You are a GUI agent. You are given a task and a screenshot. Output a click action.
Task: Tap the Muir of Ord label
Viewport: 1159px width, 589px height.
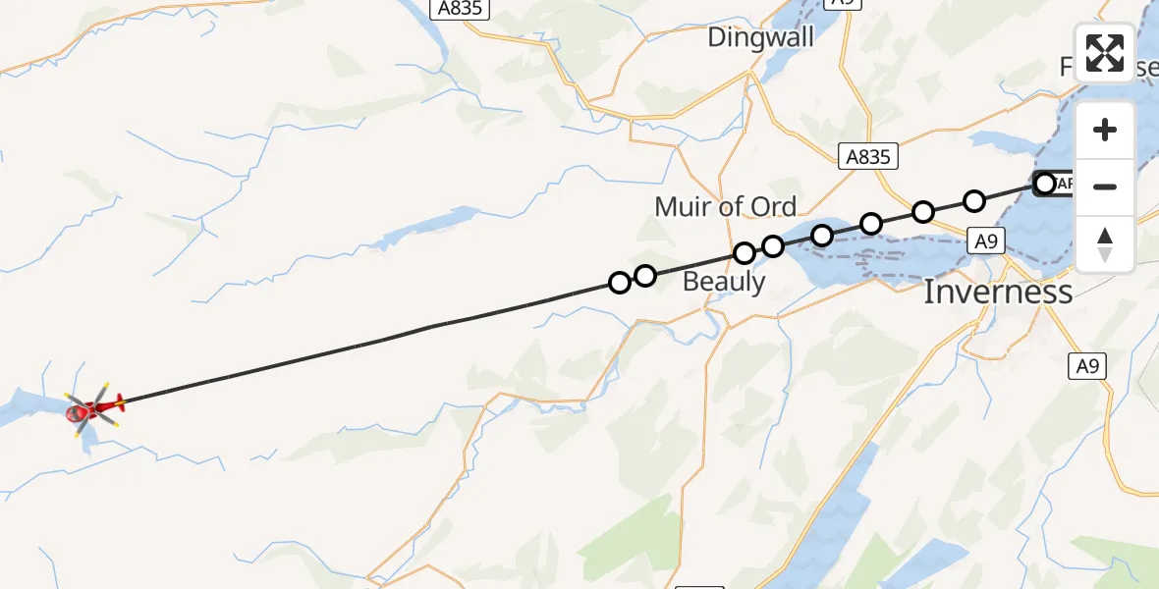(725, 206)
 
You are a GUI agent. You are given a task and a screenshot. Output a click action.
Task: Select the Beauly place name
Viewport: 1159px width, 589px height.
(724, 282)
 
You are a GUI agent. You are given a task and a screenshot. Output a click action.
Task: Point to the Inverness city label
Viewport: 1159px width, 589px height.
(997, 292)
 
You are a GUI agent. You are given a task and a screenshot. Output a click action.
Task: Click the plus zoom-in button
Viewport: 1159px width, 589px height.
(1105, 130)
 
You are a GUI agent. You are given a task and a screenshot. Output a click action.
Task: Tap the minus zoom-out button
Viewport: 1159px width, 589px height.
(1105, 187)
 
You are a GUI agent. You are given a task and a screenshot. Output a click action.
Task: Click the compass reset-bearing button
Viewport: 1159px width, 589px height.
(1105, 243)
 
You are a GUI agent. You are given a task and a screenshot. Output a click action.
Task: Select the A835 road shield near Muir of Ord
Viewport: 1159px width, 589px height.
(869, 156)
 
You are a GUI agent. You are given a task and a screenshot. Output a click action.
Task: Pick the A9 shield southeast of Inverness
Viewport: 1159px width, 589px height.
(1085, 366)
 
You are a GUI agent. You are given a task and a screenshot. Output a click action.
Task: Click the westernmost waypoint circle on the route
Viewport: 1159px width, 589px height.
(620, 283)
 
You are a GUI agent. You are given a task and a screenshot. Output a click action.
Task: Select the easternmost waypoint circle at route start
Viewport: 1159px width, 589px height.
(1044, 184)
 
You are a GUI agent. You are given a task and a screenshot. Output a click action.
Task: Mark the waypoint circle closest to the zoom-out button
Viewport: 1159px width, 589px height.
(1044, 184)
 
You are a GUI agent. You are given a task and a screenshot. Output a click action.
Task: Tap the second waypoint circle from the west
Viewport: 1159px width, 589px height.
(645, 276)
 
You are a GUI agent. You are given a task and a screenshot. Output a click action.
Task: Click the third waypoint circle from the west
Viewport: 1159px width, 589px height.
(745, 253)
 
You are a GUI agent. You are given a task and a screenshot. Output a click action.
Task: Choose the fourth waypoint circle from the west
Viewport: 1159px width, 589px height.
(773, 245)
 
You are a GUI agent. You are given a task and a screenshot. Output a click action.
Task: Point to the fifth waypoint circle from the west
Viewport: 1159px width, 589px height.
(822, 235)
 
